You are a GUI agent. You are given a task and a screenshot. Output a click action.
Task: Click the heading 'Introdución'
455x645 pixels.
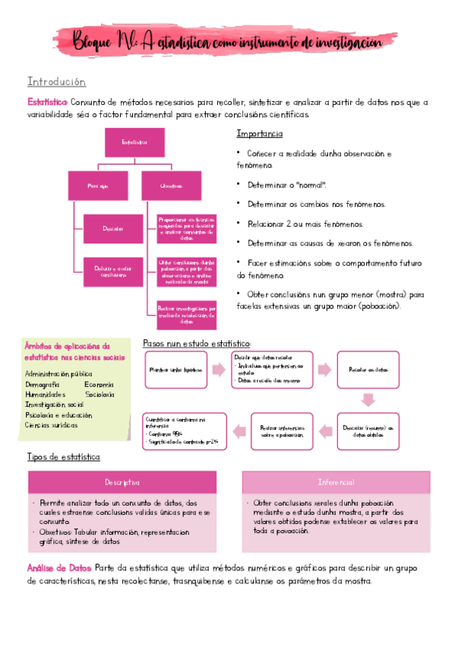56,82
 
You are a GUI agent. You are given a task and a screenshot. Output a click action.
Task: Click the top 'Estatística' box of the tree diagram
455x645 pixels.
134,142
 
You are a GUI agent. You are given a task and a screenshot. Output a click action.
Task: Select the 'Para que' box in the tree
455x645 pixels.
99,186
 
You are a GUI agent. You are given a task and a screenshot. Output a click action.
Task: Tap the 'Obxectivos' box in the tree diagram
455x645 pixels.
170,186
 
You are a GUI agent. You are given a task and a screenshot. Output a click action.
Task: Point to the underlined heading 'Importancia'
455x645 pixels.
260,134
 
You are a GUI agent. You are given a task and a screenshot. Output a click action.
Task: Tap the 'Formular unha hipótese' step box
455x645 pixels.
175,370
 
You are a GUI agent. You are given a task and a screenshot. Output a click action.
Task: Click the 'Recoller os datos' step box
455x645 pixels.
368,370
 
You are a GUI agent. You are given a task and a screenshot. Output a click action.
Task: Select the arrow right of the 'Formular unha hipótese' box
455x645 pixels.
219,370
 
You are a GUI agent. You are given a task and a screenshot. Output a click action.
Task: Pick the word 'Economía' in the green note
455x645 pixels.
100,385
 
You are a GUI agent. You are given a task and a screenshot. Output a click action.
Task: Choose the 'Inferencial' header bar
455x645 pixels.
335,483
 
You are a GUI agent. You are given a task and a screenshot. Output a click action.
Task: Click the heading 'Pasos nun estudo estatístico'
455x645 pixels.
197,344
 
